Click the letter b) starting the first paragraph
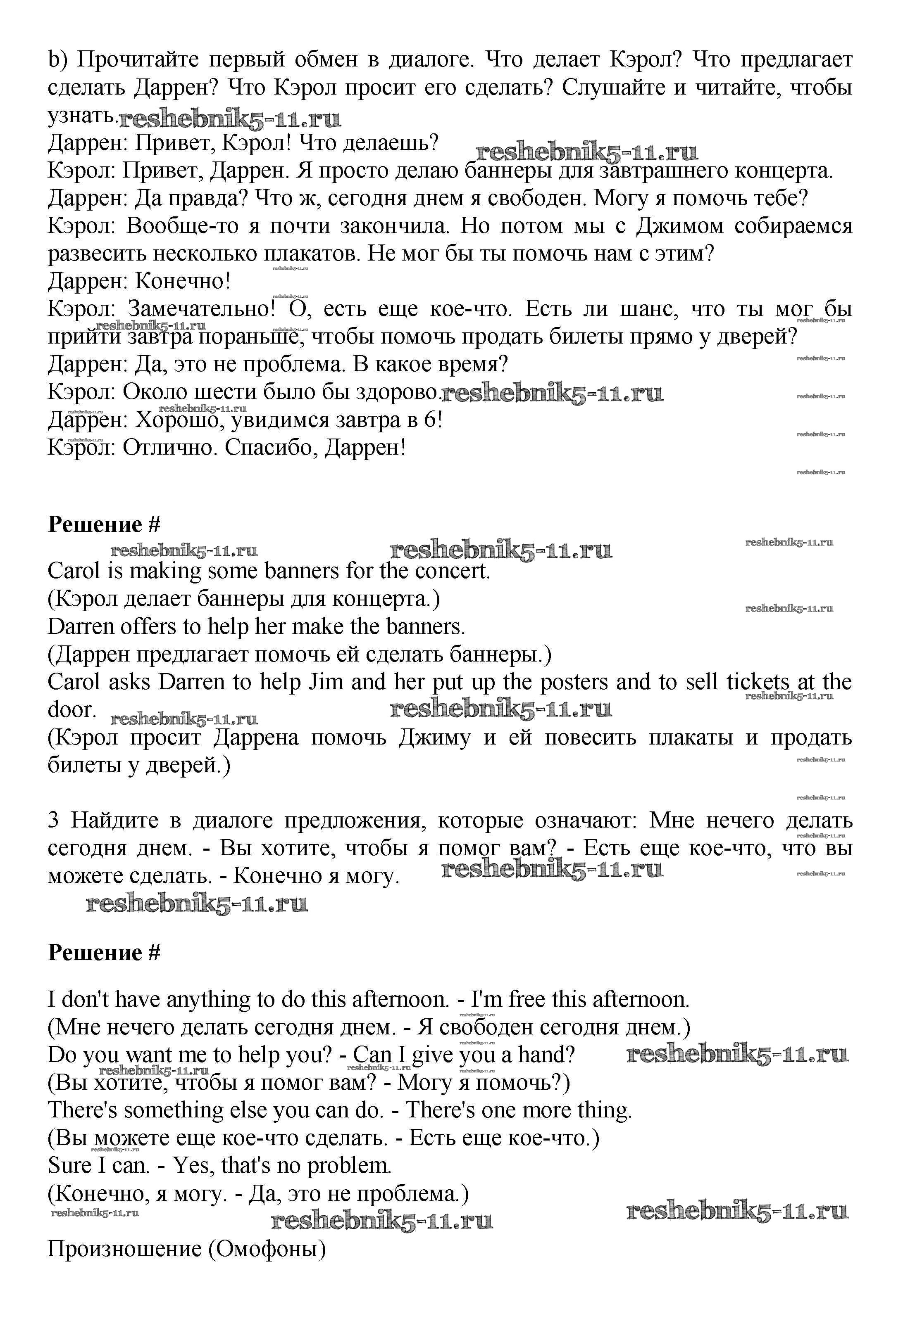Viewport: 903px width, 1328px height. click(x=57, y=59)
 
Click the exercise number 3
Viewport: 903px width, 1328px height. click(x=53, y=821)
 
